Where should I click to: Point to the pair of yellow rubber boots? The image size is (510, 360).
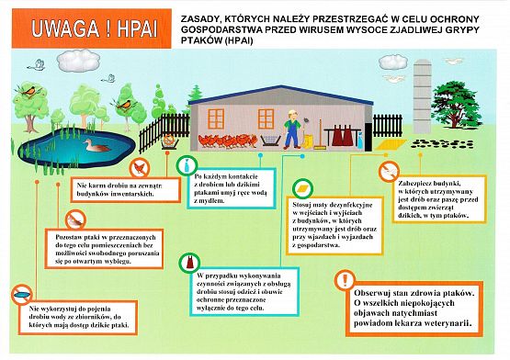click(x=313, y=141)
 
